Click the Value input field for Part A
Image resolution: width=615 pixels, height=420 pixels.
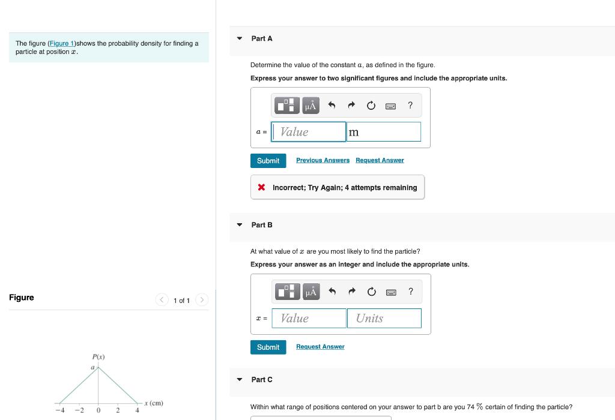coord(309,132)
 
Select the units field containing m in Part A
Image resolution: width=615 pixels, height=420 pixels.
coord(383,132)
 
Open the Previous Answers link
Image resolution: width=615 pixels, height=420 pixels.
coord(323,160)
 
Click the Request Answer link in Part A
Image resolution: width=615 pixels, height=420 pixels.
coord(380,160)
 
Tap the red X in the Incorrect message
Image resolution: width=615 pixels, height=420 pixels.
coord(262,187)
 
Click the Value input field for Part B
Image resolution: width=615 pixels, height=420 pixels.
coord(309,318)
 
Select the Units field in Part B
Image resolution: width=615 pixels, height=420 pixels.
coord(384,318)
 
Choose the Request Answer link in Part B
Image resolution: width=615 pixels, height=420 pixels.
coord(320,347)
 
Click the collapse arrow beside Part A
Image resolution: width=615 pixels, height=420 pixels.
coord(240,38)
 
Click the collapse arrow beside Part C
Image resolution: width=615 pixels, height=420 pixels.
coord(240,379)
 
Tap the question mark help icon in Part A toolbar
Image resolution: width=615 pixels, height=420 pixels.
coord(410,106)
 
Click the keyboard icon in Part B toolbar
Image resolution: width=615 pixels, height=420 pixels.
coord(390,292)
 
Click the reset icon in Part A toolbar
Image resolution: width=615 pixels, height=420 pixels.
coord(371,106)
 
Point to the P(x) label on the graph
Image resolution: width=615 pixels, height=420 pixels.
coord(98,357)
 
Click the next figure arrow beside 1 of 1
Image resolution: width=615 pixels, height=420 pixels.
coord(202,300)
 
